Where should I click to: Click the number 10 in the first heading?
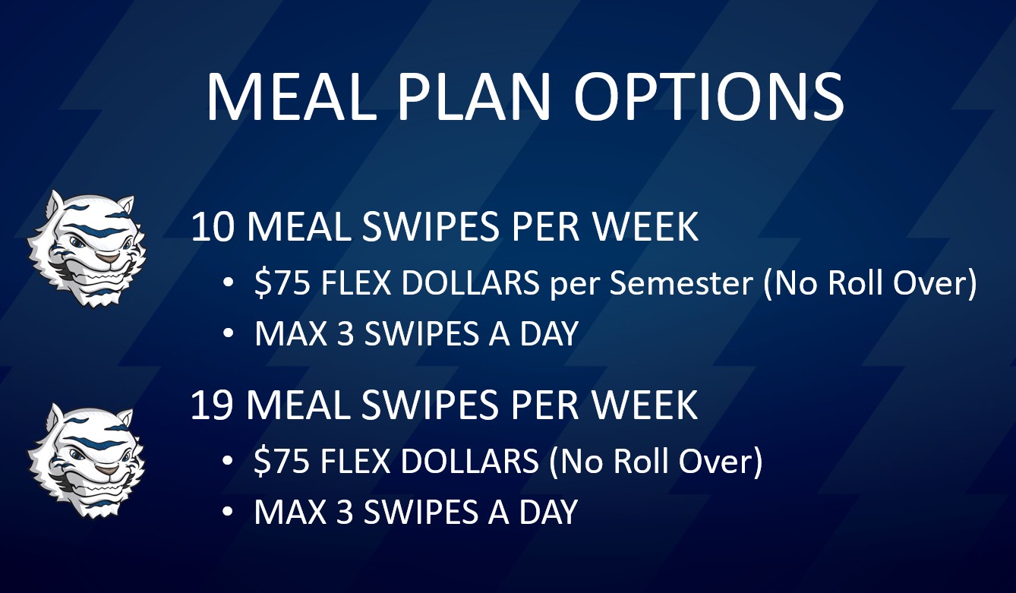(214, 227)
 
